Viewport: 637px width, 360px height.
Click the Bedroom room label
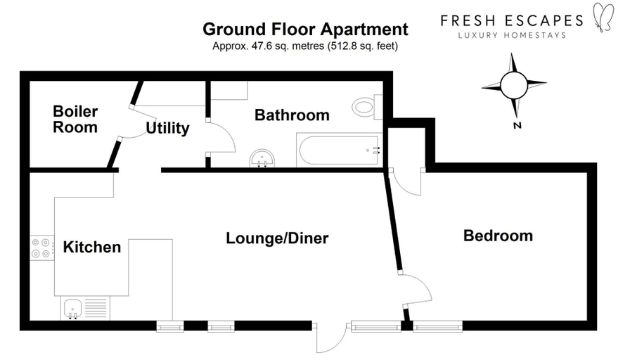click(x=498, y=236)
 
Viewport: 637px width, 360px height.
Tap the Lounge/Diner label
click(x=277, y=238)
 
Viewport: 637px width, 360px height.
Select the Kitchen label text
click(x=92, y=247)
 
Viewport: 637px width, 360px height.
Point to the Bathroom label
click(x=292, y=115)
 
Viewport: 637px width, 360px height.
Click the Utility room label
click(x=167, y=129)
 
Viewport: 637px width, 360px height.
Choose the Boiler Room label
click(x=75, y=119)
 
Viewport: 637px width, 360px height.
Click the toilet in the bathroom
click(x=367, y=107)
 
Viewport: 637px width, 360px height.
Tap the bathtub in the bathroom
click(x=340, y=150)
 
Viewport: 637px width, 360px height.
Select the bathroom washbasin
click(x=262, y=158)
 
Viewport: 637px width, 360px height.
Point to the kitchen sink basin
click(x=72, y=309)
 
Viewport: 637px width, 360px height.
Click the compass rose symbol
click(x=514, y=86)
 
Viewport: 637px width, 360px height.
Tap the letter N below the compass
click(x=517, y=126)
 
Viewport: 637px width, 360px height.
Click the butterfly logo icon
click(x=603, y=17)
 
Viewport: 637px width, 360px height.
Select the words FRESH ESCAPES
click(x=512, y=20)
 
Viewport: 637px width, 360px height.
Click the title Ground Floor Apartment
click(x=306, y=30)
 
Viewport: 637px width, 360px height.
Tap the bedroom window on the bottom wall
click(x=438, y=326)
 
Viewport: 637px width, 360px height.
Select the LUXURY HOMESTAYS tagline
click(x=512, y=35)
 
